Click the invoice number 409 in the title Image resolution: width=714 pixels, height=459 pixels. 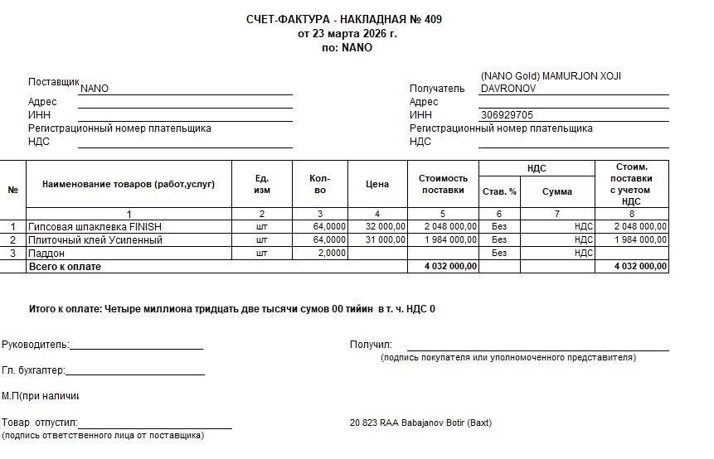433,19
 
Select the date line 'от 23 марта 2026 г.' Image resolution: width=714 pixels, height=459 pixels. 347,34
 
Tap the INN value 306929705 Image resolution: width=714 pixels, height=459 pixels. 506,115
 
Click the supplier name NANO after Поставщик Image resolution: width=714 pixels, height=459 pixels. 95,89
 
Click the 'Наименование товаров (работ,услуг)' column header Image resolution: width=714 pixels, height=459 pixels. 129,184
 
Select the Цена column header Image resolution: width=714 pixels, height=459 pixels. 377,184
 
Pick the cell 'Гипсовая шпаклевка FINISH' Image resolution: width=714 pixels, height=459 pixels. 95,226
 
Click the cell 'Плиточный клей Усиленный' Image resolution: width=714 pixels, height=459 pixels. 95,239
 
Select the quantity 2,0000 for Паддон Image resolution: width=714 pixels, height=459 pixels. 332,253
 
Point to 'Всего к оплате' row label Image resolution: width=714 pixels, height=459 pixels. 65,267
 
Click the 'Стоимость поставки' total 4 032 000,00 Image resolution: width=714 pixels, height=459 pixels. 450,267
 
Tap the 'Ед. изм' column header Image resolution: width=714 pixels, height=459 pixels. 262,184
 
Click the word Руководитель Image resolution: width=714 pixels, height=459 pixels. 35,345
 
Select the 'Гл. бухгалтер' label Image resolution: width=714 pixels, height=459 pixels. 33,370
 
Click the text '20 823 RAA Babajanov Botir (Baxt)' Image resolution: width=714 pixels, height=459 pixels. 420,423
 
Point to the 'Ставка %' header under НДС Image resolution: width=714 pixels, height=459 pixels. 499,191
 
